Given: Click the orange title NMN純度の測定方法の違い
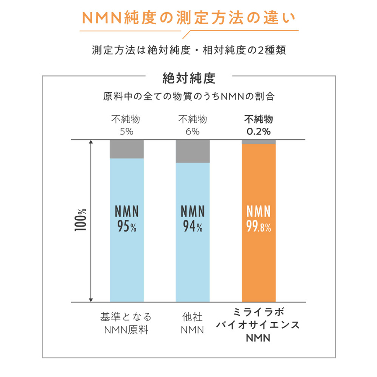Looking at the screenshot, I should point(188,18).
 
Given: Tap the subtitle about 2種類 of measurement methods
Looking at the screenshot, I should point(188,50).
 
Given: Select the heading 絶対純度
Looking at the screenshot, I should point(188,78).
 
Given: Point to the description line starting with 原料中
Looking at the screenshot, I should point(188,96).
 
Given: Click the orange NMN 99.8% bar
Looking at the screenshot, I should point(258,260).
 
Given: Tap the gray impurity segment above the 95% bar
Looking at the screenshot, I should point(127,149).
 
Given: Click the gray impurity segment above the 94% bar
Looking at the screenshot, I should point(193,151).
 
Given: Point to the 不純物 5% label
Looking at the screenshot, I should point(126,125).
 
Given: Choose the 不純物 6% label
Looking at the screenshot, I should point(192,125).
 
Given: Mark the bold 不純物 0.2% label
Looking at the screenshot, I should point(258,125).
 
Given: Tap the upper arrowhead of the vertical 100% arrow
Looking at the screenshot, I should point(90,143).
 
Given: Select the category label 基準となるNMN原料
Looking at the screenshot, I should point(126,323).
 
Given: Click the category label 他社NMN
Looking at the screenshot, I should point(192,323).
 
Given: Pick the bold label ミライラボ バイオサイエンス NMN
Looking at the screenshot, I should point(258,325).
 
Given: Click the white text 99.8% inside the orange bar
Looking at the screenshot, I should point(258,227).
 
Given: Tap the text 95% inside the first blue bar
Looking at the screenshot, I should point(127,227).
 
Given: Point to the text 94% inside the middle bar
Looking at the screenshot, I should point(193,227).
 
